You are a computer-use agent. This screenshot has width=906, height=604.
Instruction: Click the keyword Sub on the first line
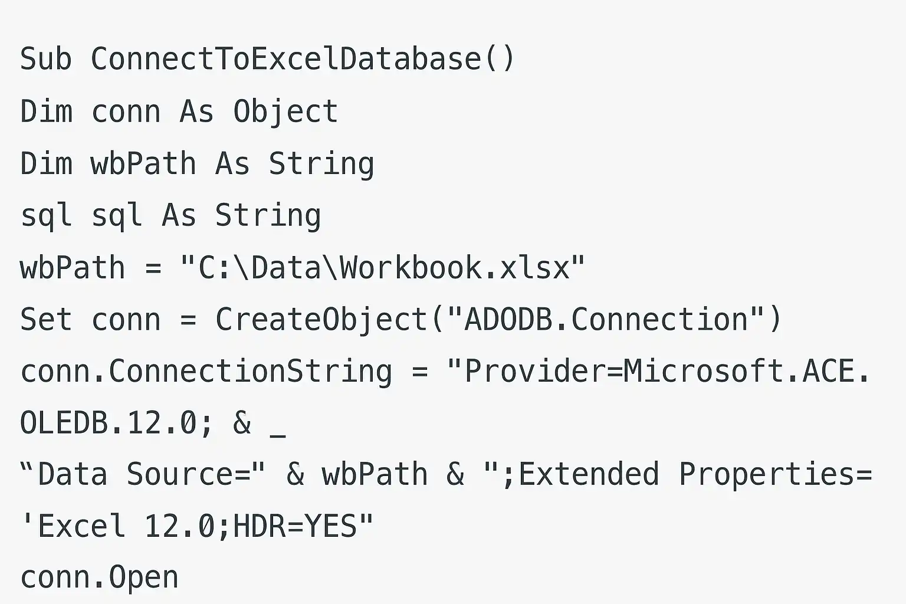[x=46, y=59]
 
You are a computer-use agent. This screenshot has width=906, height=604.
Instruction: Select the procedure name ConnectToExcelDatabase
[x=286, y=59]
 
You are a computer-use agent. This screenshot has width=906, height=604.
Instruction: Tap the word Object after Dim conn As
[x=285, y=112]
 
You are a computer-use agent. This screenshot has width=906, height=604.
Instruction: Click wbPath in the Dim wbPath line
[x=143, y=163]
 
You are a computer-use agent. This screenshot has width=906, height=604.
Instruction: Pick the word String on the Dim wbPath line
[x=321, y=164]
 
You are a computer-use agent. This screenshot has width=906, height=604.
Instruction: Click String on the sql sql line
[x=268, y=216]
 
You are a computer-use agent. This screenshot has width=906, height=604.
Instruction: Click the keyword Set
[x=46, y=320]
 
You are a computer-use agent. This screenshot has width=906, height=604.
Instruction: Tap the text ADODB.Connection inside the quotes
[x=606, y=320]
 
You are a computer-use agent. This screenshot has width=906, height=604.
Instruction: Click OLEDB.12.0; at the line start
[x=116, y=423]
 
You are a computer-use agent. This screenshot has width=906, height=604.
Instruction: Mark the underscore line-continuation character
[x=277, y=436]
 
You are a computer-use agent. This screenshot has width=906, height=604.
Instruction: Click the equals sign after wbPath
[x=153, y=268]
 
